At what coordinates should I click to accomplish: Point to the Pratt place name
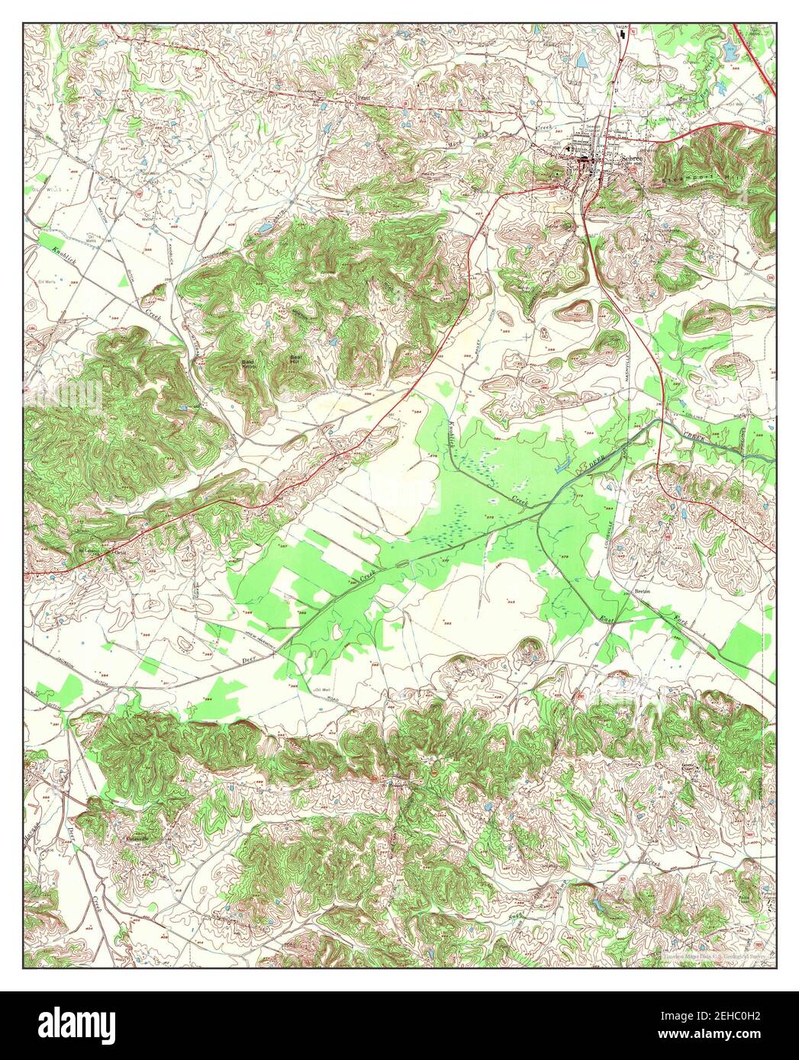tap(364, 98)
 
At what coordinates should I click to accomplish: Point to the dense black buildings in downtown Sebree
tap(586, 161)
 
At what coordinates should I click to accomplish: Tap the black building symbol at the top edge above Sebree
tap(625, 33)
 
